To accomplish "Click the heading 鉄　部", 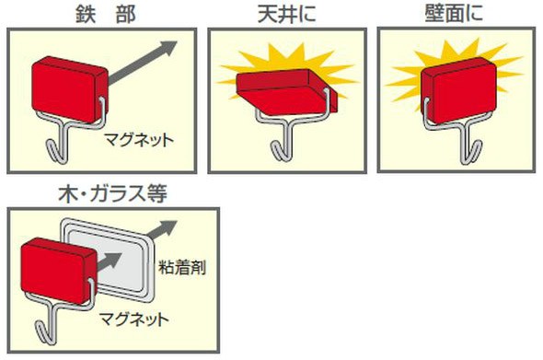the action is pos(105,14).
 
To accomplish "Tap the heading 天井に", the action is pos(287,14).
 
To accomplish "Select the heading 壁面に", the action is pos(454,14).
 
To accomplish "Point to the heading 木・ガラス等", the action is pos(113,193).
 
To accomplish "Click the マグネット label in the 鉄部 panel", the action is pos(139,140).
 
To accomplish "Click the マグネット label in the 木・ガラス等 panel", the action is pos(134,319).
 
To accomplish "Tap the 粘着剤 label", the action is pos(182,268).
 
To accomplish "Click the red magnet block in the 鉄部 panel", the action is pos(70,89).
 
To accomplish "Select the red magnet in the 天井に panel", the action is pos(287,92).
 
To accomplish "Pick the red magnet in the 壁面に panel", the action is pos(458,90).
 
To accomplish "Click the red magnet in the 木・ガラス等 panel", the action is pos(59,271).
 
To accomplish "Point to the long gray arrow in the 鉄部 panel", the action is pos(143,63).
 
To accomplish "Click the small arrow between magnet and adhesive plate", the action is pos(110,262).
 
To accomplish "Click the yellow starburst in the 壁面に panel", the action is pos(454,77).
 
